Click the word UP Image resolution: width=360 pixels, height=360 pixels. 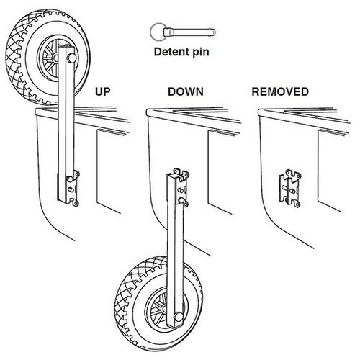(103, 91)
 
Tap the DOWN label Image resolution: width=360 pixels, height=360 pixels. (186, 91)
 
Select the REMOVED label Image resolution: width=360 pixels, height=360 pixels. (280, 91)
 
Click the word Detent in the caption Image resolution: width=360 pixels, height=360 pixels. (171, 52)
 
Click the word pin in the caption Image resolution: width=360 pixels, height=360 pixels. (200, 53)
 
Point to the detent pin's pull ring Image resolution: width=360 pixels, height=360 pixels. (151, 32)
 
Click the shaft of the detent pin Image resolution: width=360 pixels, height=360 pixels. (189, 32)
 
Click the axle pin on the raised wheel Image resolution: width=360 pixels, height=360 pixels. (71, 58)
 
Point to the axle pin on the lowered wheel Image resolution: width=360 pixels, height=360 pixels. (179, 317)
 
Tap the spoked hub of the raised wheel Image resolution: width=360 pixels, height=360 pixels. (49, 58)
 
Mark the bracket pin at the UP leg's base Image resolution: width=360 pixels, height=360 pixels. (69, 179)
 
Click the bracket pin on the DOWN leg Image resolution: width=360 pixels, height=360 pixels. (181, 200)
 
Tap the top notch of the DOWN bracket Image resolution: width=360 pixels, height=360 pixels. (181, 172)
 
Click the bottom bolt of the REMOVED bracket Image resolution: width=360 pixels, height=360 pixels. (297, 204)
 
